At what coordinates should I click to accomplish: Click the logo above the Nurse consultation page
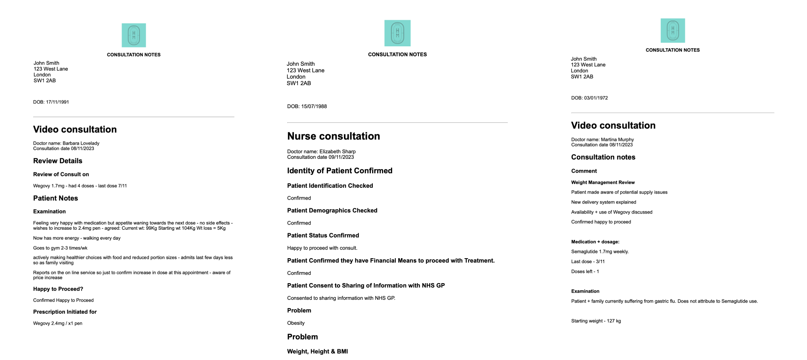tap(397, 33)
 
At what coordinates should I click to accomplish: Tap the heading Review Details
tap(58, 161)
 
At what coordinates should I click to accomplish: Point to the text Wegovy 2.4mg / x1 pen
tap(58, 324)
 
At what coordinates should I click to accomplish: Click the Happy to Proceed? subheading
tap(58, 289)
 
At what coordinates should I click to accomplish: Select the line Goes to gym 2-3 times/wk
tap(60, 248)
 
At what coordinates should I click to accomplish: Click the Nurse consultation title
tap(334, 136)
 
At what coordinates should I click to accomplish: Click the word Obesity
tap(296, 323)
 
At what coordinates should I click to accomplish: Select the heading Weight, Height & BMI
tap(317, 352)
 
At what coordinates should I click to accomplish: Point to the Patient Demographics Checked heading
tap(332, 211)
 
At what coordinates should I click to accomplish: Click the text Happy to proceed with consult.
tap(322, 248)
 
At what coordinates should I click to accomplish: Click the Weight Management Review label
tap(603, 183)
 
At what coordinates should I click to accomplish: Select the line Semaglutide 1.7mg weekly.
tap(600, 252)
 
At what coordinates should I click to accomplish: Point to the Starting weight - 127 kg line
tap(596, 321)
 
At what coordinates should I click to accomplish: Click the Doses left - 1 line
tap(585, 272)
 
